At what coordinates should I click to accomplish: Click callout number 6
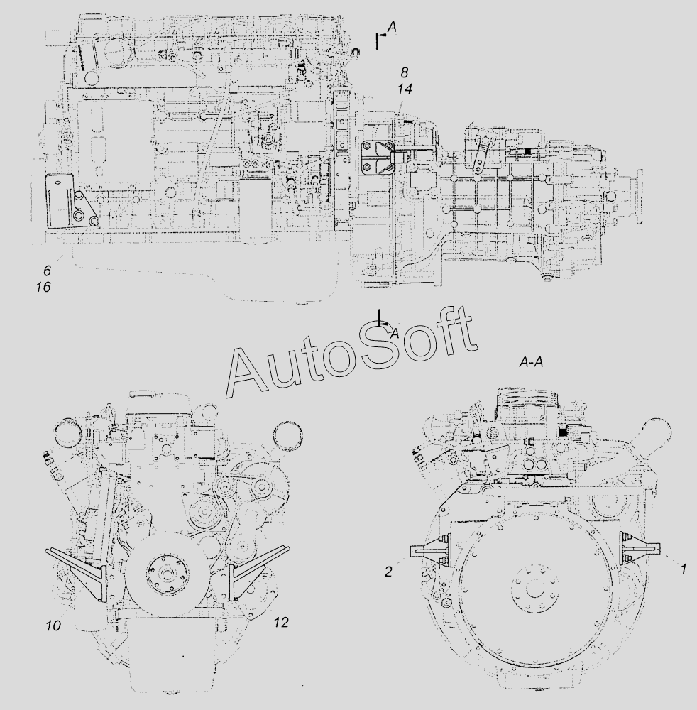(47, 271)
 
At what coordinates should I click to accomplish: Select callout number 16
(43, 287)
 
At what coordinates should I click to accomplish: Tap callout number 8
(404, 72)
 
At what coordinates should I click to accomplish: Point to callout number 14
(405, 89)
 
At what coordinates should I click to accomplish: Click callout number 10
(53, 626)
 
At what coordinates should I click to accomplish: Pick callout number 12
(281, 623)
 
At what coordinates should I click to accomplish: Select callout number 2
(388, 572)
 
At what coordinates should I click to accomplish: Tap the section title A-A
(531, 363)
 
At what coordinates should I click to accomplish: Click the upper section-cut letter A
(392, 27)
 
